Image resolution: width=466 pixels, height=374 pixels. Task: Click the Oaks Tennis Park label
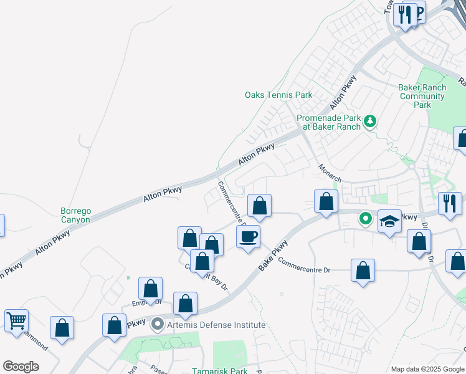click(x=278, y=95)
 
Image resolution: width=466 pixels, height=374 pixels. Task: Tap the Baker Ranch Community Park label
click(x=422, y=96)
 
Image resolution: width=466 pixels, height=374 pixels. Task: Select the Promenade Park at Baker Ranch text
click(x=328, y=122)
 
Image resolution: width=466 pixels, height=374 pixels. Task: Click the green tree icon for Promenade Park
click(x=371, y=120)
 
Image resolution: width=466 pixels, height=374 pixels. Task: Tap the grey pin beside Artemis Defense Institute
click(x=157, y=324)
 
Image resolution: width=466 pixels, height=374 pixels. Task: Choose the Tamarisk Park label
click(x=230, y=371)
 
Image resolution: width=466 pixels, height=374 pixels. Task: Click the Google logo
click(x=21, y=367)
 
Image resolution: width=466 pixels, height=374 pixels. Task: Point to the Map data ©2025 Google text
click(x=427, y=369)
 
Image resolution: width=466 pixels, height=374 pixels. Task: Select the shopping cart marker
click(x=17, y=321)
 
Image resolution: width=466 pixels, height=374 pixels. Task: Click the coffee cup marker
click(x=248, y=237)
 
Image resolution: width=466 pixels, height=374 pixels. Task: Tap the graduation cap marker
click(x=389, y=221)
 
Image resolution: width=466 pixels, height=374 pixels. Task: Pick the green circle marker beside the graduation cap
click(x=366, y=219)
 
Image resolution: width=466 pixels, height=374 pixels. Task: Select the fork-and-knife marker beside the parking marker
click(x=406, y=13)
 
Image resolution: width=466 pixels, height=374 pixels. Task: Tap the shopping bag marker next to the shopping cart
click(x=62, y=328)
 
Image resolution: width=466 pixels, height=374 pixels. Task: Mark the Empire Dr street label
click(x=146, y=304)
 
